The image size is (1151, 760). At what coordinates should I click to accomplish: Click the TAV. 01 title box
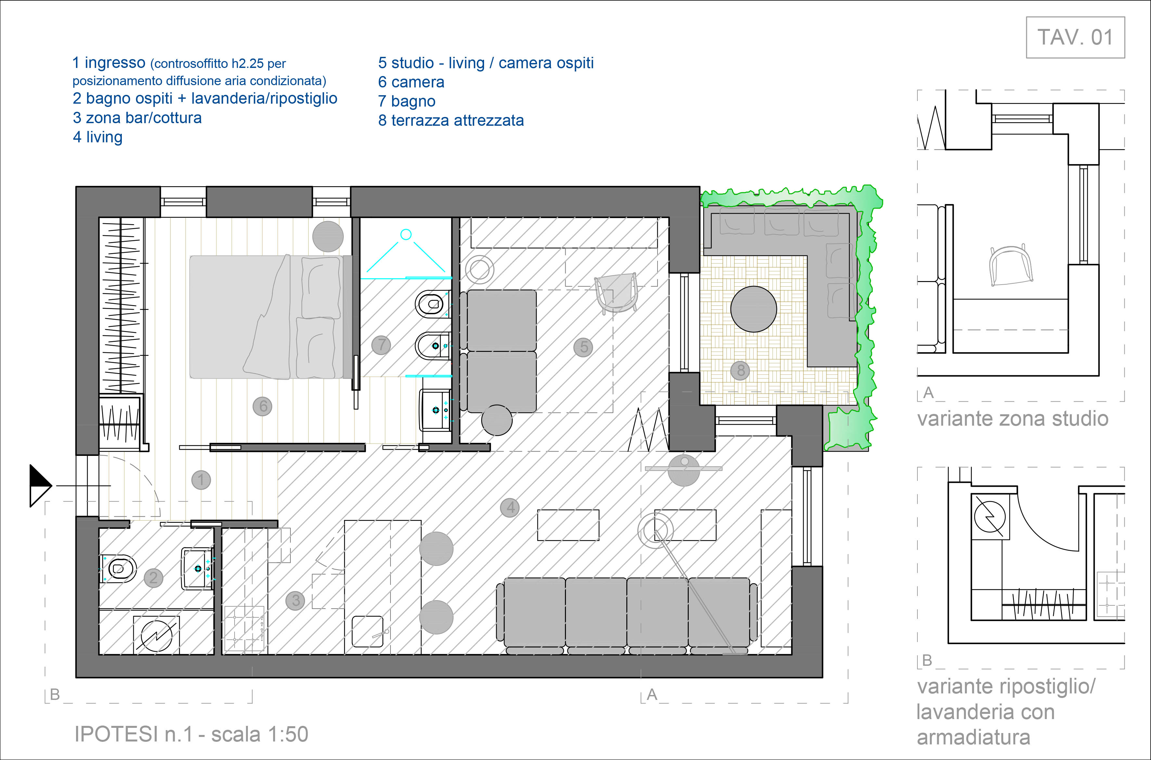tap(1075, 37)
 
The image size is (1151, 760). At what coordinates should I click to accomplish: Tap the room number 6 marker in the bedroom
tap(263, 406)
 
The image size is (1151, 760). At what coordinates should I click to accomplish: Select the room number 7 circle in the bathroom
tap(381, 345)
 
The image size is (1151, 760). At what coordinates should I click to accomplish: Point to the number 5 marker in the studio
tap(583, 347)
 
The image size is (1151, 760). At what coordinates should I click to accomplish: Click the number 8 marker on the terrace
tap(740, 371)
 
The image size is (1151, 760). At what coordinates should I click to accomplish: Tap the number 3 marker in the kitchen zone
tap(296, 600)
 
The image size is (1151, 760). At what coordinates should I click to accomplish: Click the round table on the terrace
tap(754, 309)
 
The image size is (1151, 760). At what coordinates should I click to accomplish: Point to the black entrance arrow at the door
tap(41, 485)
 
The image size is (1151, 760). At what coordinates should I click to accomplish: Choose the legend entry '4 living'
tap(97, 137)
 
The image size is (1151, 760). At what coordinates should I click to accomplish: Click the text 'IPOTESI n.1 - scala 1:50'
tap(191, 734)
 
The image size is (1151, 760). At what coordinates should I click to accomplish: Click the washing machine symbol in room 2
tap(156, 635)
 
